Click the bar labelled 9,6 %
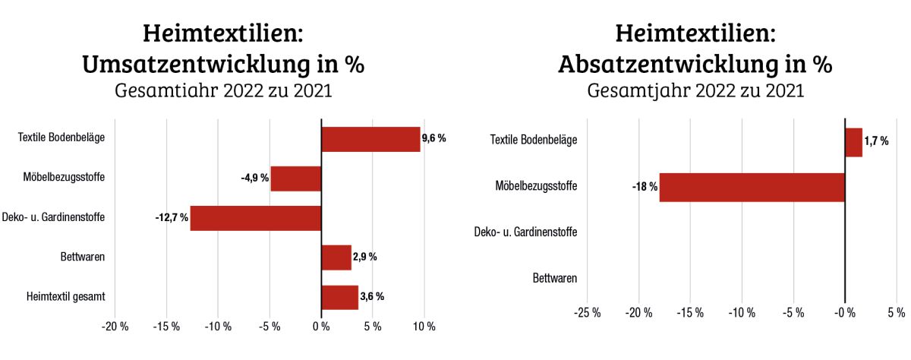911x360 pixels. point(370,139)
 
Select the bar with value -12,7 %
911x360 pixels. point(256,218)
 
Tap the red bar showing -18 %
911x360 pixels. point(752,187)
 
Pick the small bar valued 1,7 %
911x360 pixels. point(853,142)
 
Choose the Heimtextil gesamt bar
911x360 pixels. point(339,297)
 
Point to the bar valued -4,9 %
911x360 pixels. point(296,178)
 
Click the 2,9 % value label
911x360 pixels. point(365,257)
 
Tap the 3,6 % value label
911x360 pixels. point(372,297)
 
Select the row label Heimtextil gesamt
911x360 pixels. point(66,297)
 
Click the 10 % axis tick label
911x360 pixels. point(424,327)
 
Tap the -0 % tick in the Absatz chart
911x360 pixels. point(844,312)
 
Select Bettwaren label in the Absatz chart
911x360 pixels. point(555,278)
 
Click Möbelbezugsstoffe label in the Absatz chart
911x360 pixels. point(536,187)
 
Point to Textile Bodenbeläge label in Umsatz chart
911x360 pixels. point(61,138)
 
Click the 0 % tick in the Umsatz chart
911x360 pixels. point(321,327)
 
